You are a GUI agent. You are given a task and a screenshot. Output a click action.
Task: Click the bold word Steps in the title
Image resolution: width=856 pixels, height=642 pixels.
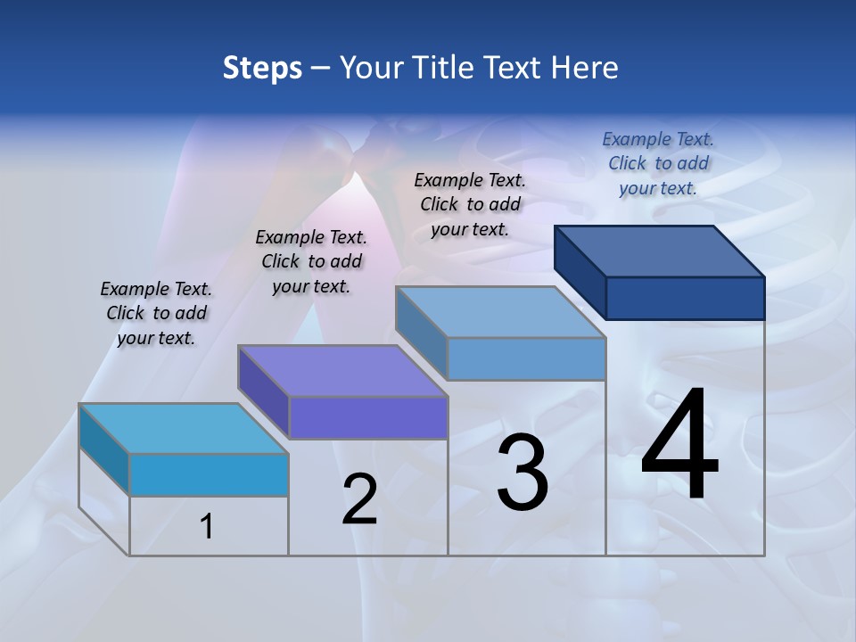point(262,68)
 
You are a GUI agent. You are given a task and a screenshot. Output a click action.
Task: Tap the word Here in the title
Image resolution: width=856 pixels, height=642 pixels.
point(585,68)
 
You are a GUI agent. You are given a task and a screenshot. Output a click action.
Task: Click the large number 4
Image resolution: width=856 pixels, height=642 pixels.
point(679,446)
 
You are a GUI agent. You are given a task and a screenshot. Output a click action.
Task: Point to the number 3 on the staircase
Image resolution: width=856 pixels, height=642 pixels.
point(523,473)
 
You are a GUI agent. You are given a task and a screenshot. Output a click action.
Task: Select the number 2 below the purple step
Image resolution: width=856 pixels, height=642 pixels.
point(360,499)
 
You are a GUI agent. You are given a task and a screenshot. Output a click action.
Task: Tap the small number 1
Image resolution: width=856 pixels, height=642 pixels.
point(207,527)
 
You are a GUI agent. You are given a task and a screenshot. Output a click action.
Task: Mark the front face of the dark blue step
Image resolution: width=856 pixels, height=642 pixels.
point(685,298)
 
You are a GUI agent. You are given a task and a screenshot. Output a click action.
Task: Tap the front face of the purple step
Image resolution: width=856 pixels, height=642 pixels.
point(367,417)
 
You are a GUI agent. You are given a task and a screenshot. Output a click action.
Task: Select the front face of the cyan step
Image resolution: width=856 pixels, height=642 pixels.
point(209,474)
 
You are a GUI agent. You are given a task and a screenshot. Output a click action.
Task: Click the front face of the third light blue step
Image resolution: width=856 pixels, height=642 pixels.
point(526,358)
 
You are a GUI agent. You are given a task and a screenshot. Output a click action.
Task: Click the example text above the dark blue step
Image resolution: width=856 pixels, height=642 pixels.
point(658,163)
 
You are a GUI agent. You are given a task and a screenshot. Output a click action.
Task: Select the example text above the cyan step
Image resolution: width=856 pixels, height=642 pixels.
point(156,313)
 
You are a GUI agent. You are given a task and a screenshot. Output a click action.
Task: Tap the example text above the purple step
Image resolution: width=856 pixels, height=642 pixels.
point(311,261)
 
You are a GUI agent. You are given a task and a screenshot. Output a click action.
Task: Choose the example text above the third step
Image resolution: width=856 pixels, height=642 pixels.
point(470,204)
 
